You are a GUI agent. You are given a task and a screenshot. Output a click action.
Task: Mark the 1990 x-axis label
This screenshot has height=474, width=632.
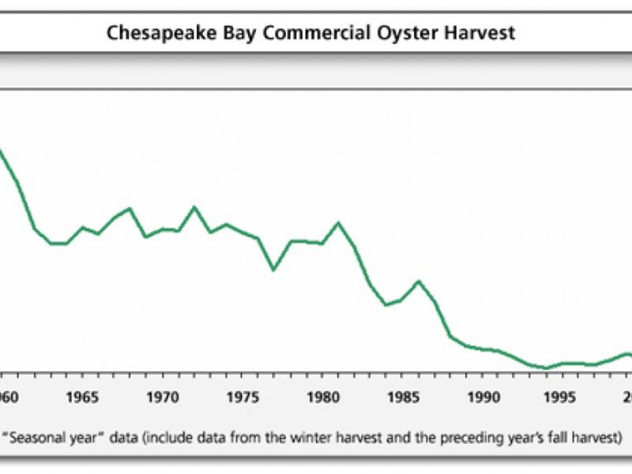(x=483, y=395)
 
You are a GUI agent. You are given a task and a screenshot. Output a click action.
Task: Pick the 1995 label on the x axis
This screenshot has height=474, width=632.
(x=563, y=395)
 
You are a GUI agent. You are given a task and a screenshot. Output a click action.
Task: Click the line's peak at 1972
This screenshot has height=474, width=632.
(x=194, y=207)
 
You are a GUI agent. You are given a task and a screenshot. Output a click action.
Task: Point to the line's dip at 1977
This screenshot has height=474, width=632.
(x=274, y=269)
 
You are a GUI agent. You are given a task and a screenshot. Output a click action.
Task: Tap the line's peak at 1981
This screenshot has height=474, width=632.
(x=339, y=222)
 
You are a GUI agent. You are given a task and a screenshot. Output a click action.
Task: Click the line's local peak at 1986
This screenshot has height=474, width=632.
(x=419, y=280)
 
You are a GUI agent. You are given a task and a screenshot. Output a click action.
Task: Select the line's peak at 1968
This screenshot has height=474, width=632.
(x=130, y=209)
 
